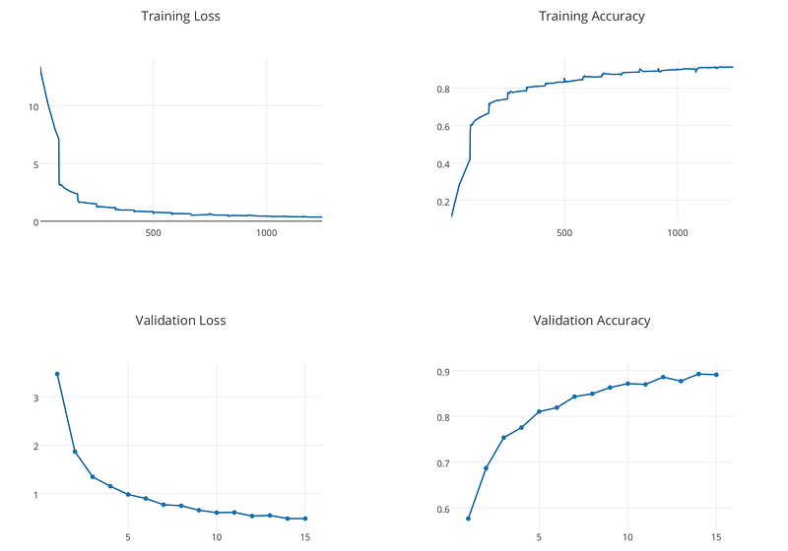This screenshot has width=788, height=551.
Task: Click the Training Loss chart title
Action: click(x=180, y=17)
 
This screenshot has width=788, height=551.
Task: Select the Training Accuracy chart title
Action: click(x=591, y=17)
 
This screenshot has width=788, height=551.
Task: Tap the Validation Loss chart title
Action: click(x=180, y=320)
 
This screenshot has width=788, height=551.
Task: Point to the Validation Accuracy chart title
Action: click(x=591, y=320)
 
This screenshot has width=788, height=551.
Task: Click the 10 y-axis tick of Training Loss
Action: click(x=33, y=106)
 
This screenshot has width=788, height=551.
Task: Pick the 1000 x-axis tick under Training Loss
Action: click(x=266, y=232)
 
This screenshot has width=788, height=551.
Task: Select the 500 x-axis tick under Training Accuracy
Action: click(x=563, y=232)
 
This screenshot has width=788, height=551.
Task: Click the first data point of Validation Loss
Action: click(x=57, y=374)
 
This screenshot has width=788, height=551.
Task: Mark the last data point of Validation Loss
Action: click(x=304, y=519)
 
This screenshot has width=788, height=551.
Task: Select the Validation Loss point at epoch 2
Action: click(x=75, y=452)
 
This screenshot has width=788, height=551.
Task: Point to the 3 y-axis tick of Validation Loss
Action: click(x=35, y=398)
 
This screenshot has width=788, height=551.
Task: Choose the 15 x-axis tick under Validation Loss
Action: click(x=305, y=536)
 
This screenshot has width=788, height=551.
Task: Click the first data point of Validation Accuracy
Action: click(x=468, y=519)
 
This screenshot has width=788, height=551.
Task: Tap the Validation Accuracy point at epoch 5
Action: click(x=539, y=411)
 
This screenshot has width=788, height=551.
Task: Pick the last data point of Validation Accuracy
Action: click(x=716, y=375)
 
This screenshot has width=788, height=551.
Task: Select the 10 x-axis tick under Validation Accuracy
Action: click(x=627, y=536)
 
